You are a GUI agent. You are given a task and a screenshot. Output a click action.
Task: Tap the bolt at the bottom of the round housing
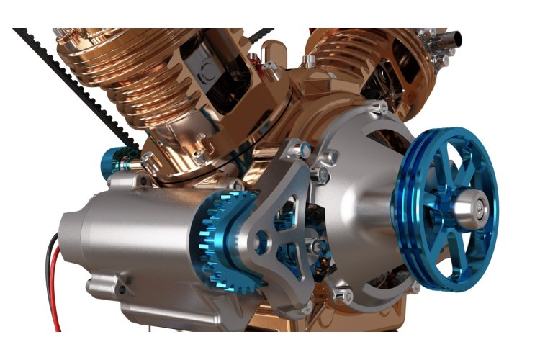343,293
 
